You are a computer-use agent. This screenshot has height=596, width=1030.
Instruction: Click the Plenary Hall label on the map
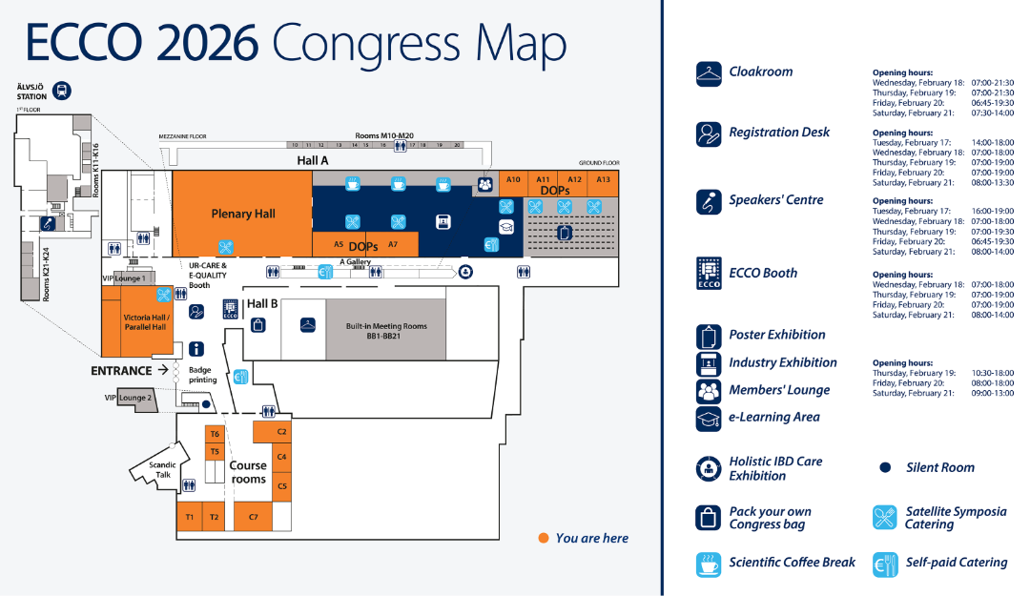click(243, 214)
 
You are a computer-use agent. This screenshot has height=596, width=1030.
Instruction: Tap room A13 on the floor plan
click(604, 179)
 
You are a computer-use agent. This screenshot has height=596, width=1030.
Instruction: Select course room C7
click(253, 517)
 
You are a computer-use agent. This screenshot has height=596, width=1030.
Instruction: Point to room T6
click(215, 434)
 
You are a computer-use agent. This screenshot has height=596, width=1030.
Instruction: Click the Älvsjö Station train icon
click(63, 91)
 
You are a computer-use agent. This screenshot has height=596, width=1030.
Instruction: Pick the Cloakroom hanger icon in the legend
click(708, 73)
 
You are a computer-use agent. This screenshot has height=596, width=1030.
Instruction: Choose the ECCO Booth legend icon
click(708, 274)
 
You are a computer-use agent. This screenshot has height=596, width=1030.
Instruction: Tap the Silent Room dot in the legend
click(885, 467)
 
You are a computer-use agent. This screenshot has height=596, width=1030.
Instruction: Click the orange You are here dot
click(543, 538)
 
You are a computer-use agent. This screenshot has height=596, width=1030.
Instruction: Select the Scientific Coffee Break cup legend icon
click(708, 563)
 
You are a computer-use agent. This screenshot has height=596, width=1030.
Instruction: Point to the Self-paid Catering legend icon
click(885, 563)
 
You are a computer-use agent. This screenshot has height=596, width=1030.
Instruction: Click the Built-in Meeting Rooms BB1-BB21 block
click(385, 329)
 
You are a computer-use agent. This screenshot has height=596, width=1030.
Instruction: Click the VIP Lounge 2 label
click(129, 397)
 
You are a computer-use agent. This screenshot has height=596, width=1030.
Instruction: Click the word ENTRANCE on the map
click(121, 370)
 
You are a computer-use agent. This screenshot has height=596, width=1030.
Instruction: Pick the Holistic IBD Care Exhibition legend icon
click(708, 468)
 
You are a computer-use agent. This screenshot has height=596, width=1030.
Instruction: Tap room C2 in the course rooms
click(281, 431)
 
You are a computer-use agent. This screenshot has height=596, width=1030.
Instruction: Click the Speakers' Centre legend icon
click(708, 201)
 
